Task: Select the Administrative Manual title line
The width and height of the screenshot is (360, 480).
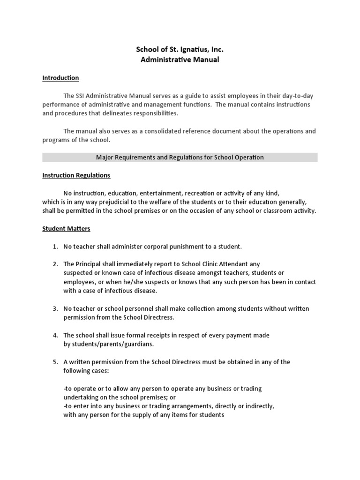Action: pos(180,60)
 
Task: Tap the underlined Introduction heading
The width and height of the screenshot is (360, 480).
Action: pos(60,78)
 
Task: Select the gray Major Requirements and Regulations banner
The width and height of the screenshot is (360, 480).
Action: pos(180,157)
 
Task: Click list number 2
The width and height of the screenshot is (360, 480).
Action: pos(55,264)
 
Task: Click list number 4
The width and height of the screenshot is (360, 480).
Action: pos(55,335)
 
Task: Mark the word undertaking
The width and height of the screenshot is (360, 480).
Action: pos(81,397)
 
